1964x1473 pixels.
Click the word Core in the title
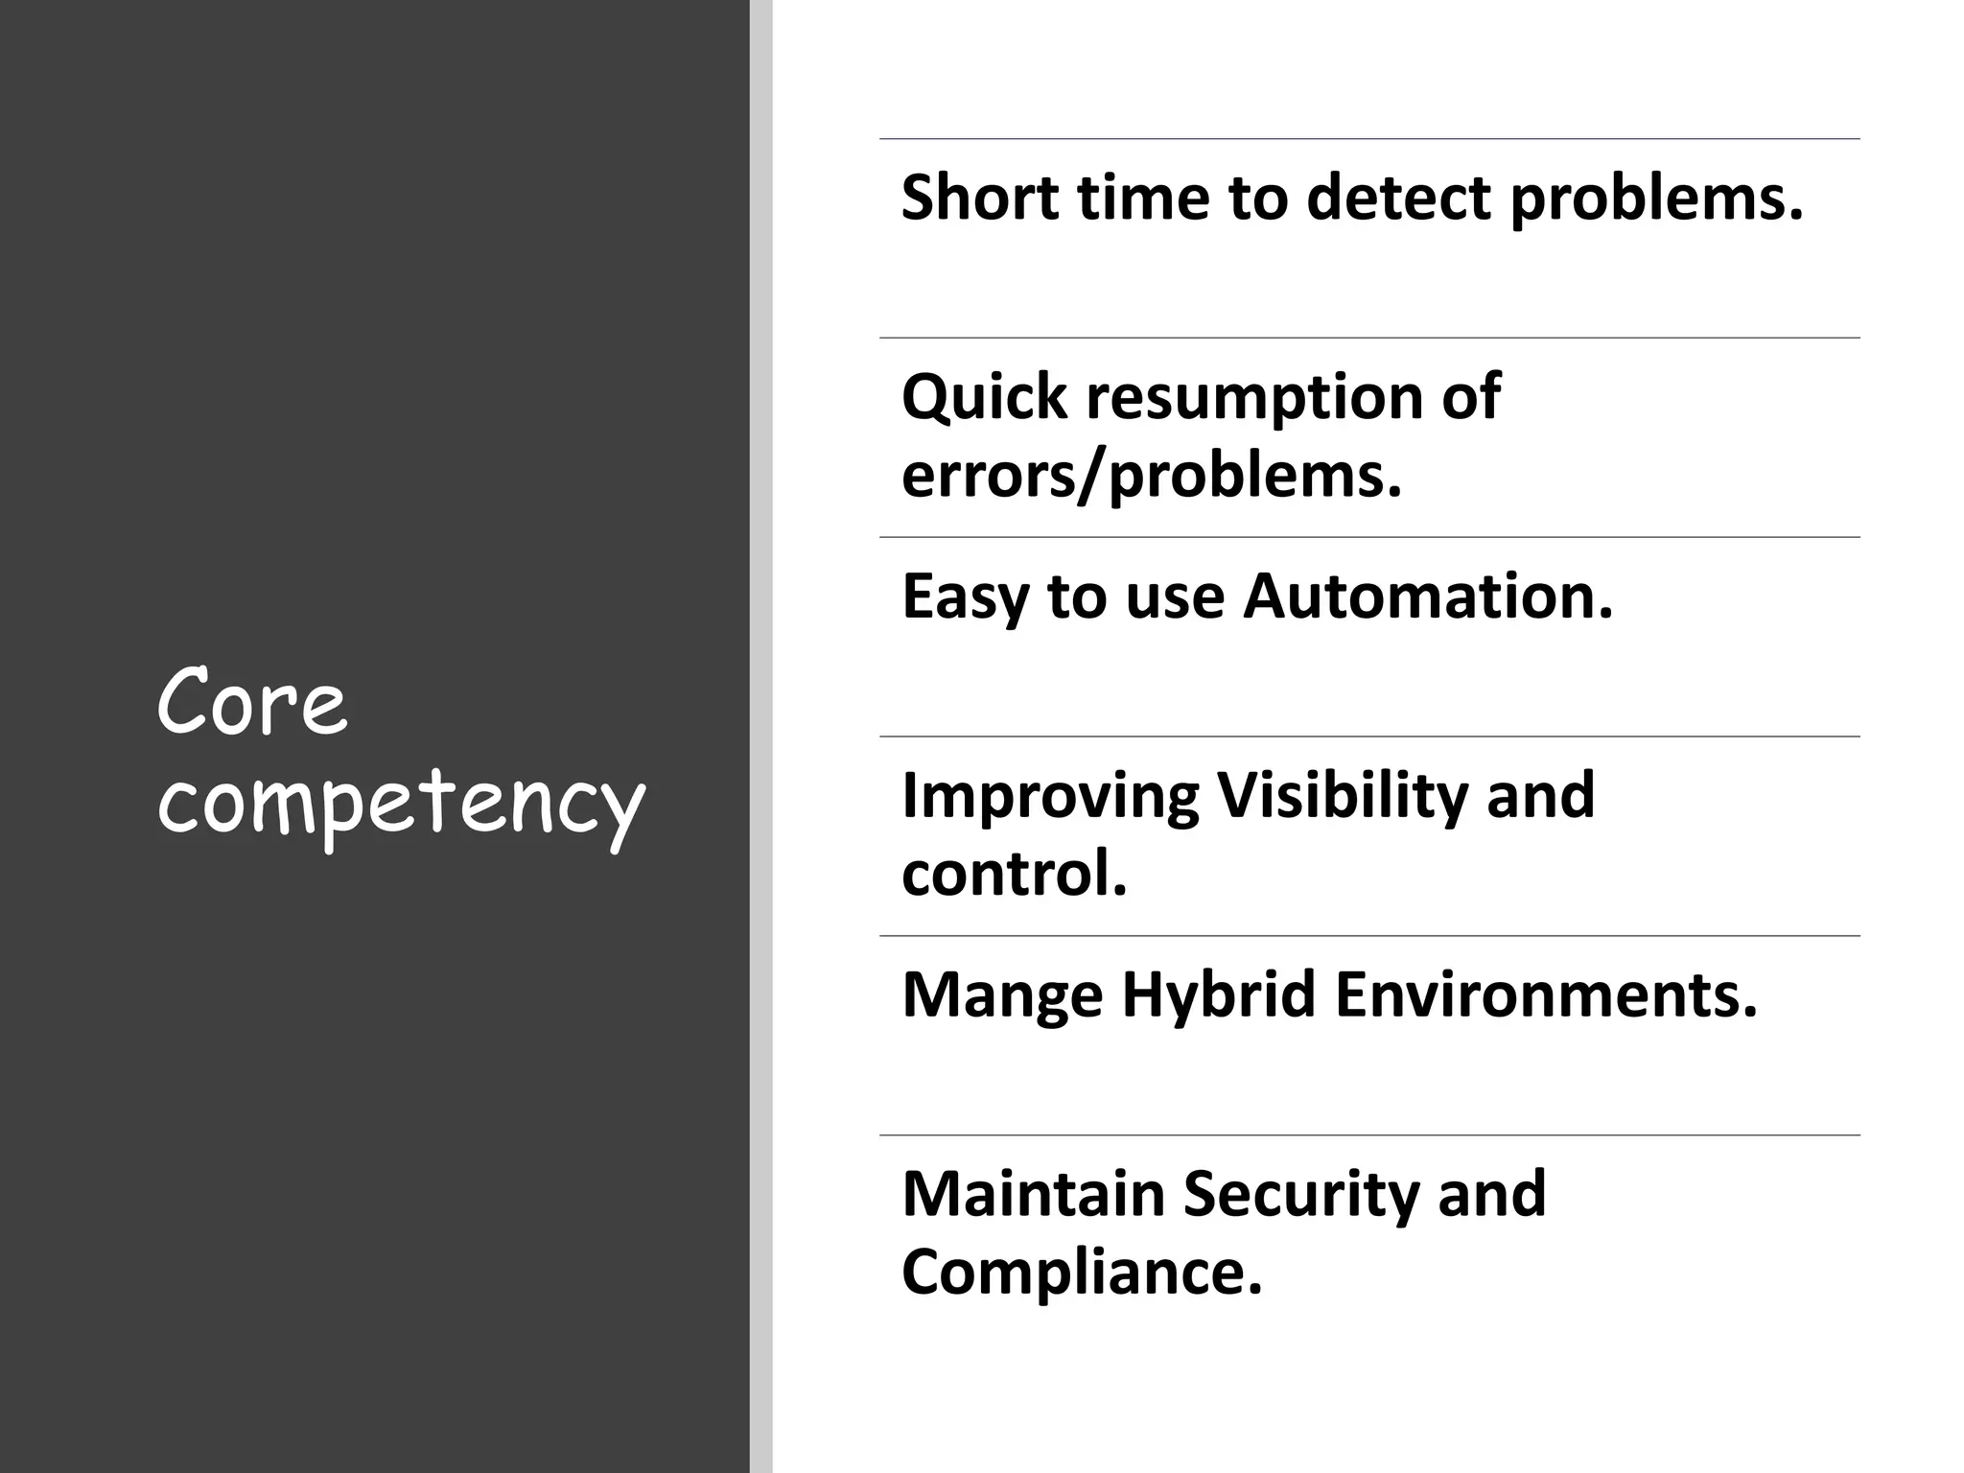pyautogui.click(x=251, y=703)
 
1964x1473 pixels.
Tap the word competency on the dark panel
pyautogui.click(x=401, y=802)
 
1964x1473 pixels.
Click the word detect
pyautogui.click(x=1399, y=198)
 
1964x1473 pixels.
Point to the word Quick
pyautogui.click(x=984, y=397)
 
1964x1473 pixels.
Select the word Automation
pyautogui.click(x=1428, y=596)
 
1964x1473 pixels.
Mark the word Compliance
pyautogui.click(x=1081, y=1274)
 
